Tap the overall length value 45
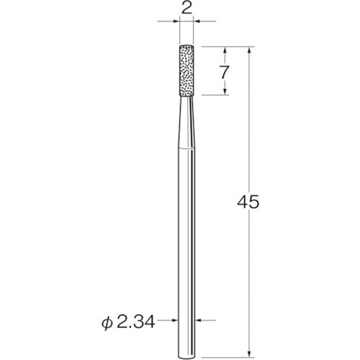248,202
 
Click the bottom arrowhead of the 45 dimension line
249,348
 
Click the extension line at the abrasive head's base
212,96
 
